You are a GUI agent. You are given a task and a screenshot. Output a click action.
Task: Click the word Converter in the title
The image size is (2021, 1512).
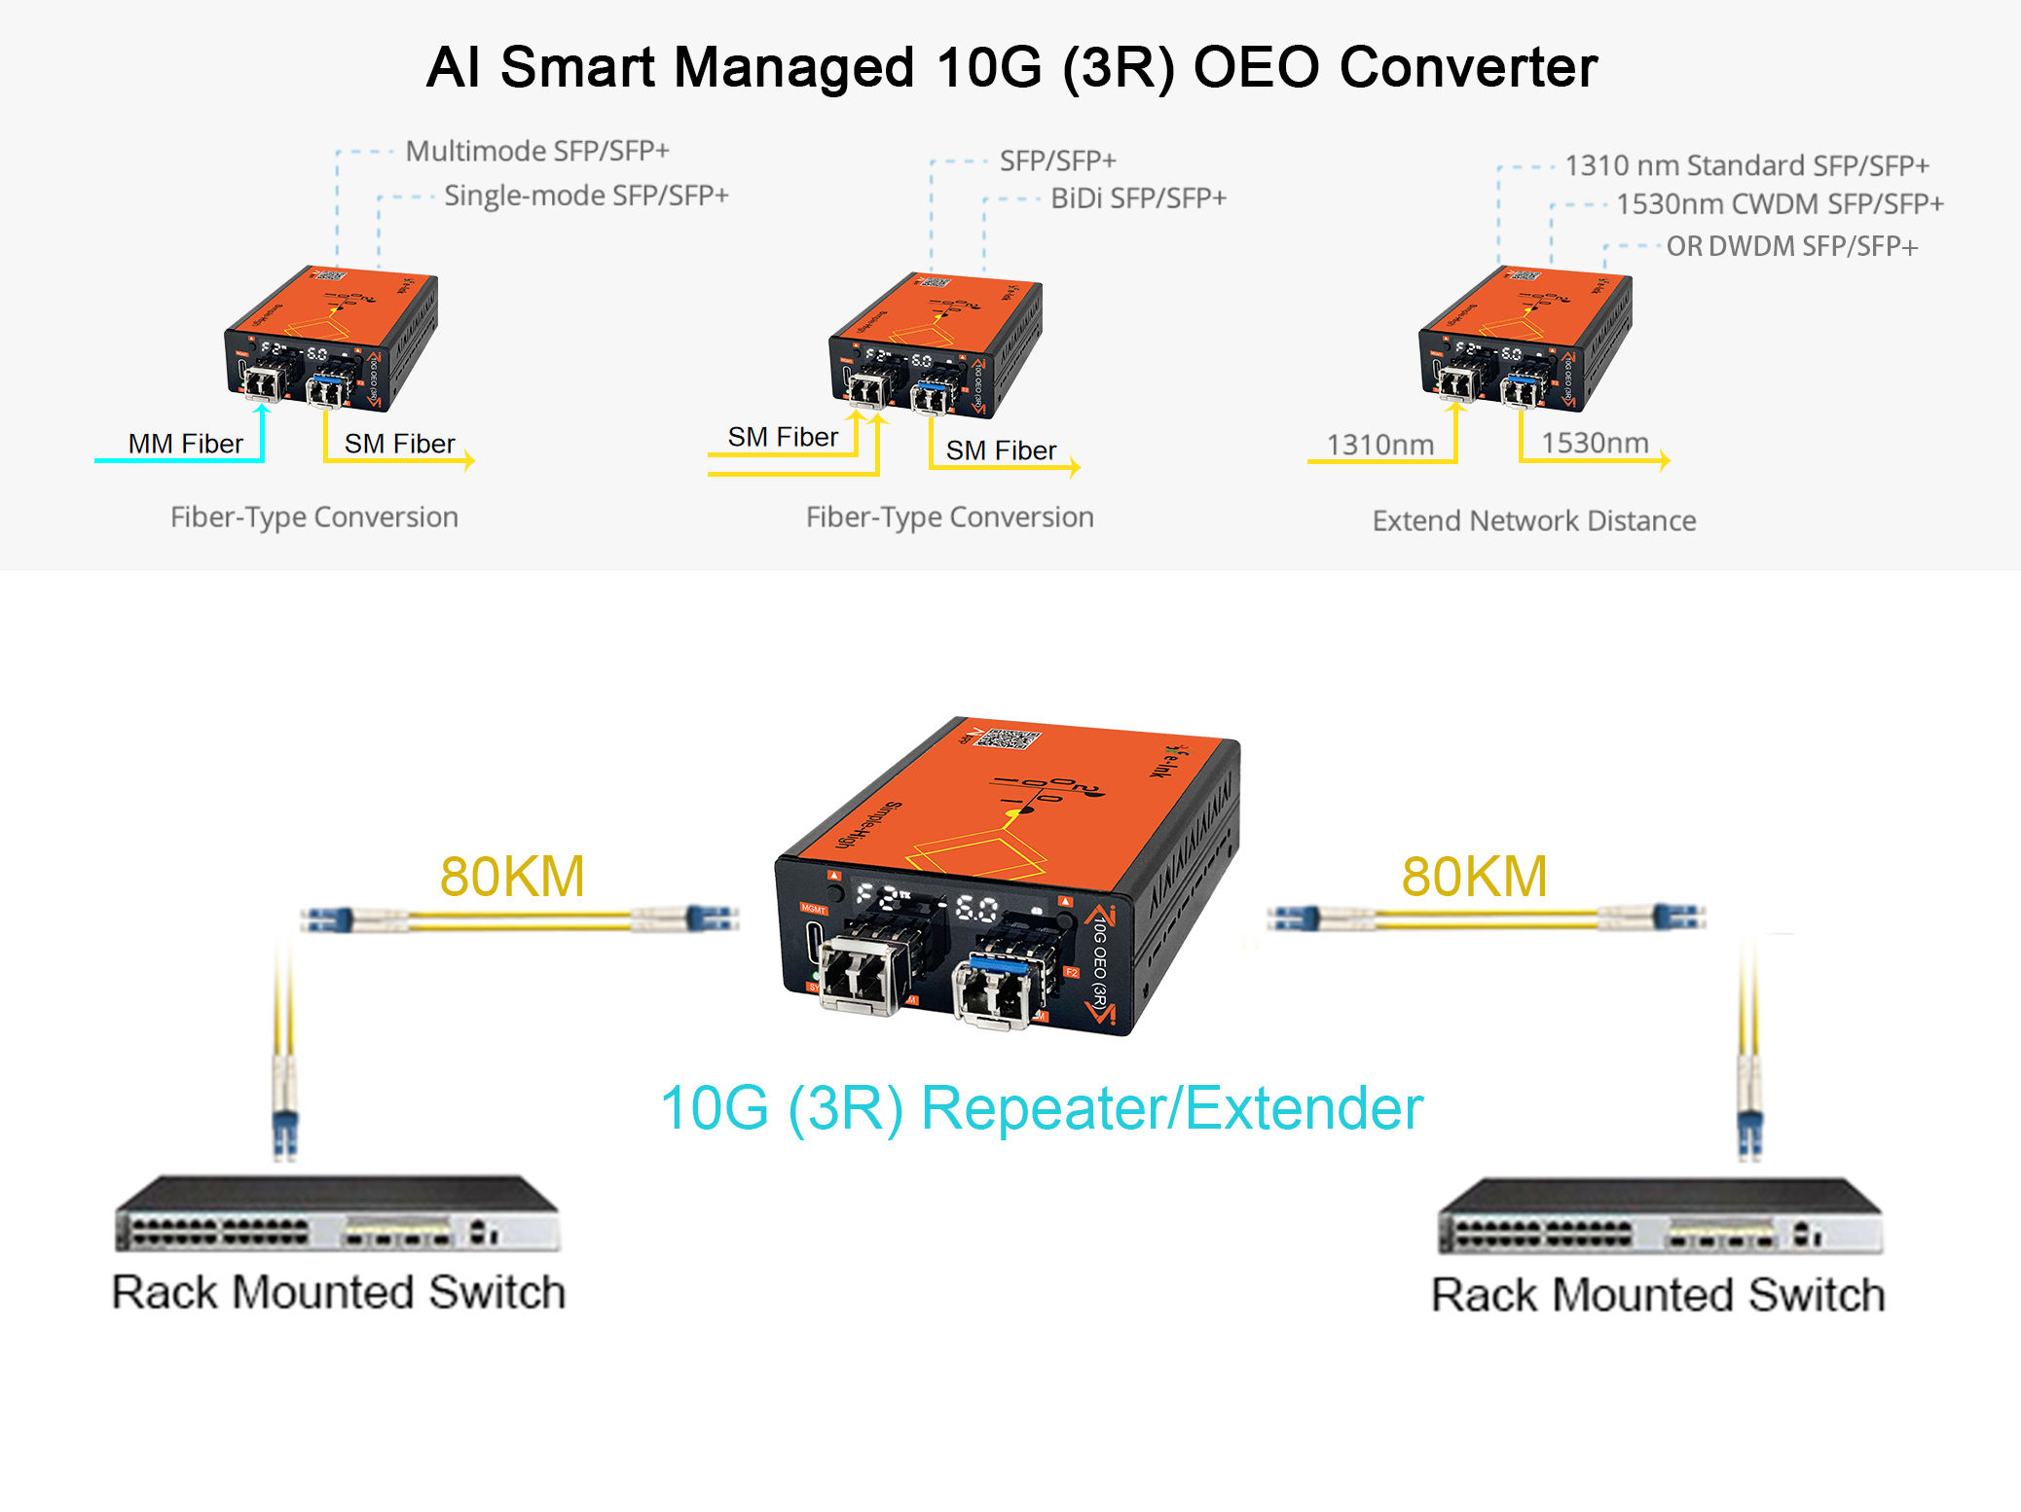(x=1468, y=68)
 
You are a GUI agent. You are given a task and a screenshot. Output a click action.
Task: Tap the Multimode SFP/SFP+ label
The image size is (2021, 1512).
(x=537, y=152)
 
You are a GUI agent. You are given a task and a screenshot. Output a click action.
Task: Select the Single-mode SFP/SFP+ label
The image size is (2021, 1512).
(x=586, y=196)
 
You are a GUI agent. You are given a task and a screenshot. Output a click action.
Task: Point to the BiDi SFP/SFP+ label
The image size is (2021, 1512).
(x=1138, y=198)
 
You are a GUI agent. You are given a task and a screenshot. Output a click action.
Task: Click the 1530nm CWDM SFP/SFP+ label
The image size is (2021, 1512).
(x=1780, y=204)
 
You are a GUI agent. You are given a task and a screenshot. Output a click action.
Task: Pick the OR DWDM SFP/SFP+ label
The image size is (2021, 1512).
(x=1791, y=247)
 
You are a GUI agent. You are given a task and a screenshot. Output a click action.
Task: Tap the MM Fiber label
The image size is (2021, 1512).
(x=185, y=444)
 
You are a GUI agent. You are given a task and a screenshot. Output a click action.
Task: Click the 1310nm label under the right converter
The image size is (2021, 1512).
(x=1379, y=445)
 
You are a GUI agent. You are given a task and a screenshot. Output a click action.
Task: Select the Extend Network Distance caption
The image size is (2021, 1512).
(x=1533, y=521)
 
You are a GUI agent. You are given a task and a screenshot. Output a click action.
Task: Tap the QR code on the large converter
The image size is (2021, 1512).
(x=1007, y=738)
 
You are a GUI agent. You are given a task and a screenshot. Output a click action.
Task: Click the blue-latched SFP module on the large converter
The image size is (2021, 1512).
(x=997, y=988)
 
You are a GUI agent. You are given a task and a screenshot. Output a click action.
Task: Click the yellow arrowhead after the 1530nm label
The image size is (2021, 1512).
(x=1666, y=459)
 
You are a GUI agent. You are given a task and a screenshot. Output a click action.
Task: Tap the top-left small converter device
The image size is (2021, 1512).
(x=331, y=336)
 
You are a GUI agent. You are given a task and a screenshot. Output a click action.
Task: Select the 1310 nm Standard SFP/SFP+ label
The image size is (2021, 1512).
(x=1746, y=165)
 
